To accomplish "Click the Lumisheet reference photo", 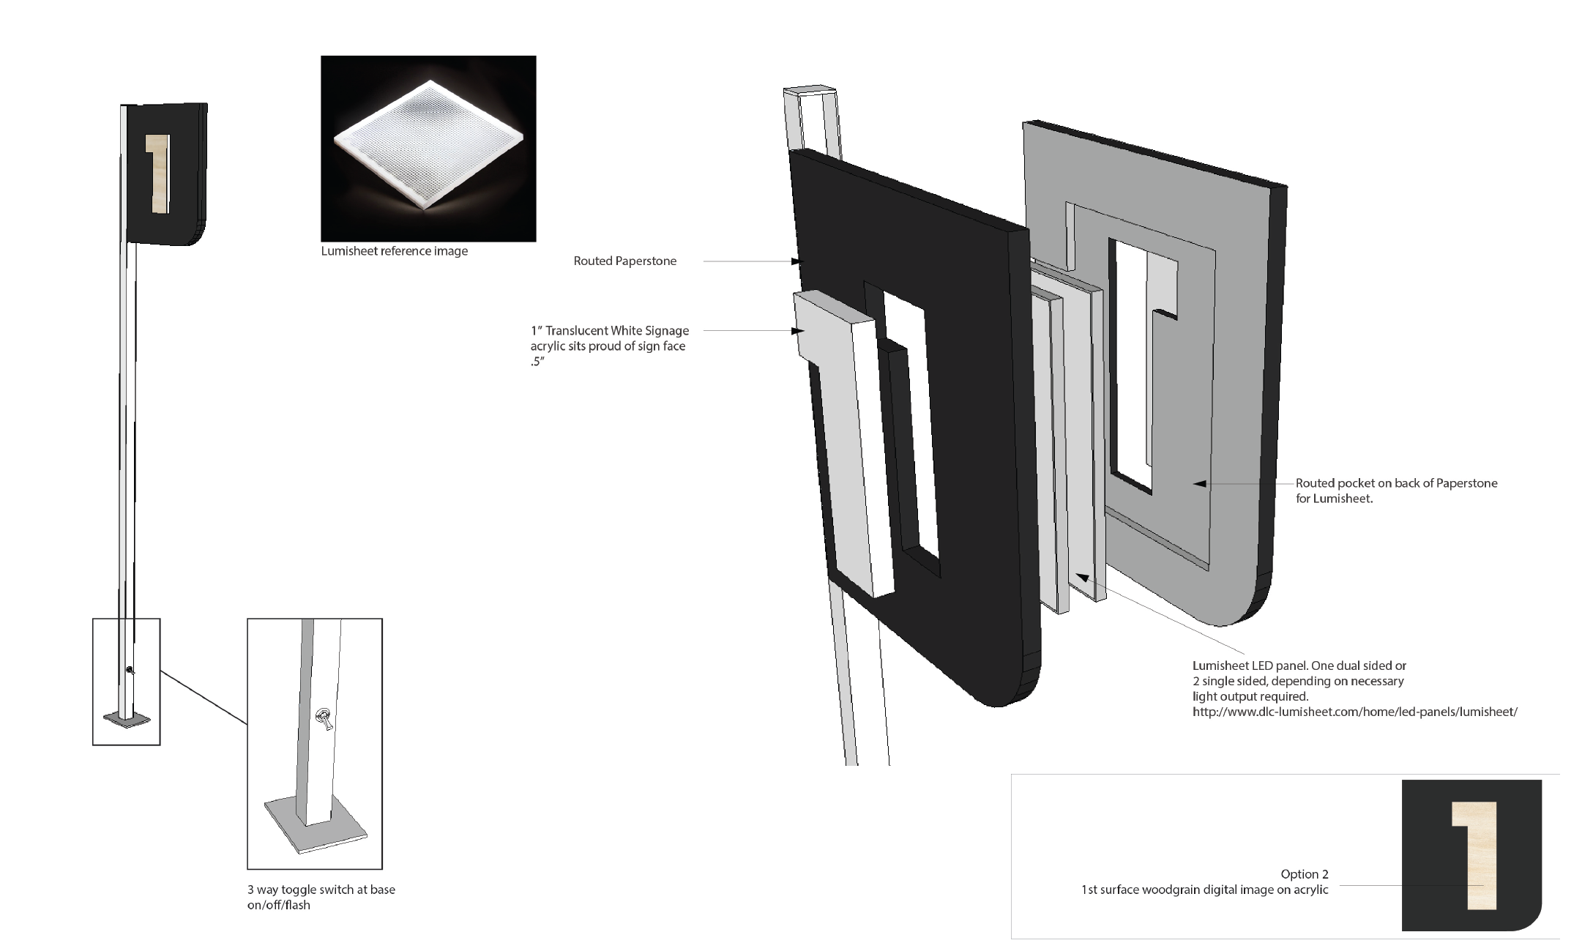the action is coord(428,148).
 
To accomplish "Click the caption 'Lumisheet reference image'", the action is coord(394,251).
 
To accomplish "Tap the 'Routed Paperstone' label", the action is coord(624,261).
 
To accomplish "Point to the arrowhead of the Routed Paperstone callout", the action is coord(799,261).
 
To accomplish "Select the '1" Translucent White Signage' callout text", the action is coord(610,331).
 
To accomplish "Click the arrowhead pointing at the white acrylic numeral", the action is coord(799,331).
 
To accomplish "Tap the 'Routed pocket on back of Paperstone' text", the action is coord(1396,483).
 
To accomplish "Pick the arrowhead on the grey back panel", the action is coord(1198,483).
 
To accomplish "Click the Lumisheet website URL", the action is coord(1354,712).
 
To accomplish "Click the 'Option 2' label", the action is coord(1304,874).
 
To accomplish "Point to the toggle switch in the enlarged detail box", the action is coord(323,719).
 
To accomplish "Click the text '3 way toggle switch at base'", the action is coord(321,890).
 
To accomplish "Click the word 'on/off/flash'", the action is coord(278,905).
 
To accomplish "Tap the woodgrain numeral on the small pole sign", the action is coord(158,174).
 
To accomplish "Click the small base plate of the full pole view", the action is coord(127,720).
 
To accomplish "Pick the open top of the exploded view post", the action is coord(810,92).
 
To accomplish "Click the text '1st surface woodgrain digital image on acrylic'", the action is coord(1204,890).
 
